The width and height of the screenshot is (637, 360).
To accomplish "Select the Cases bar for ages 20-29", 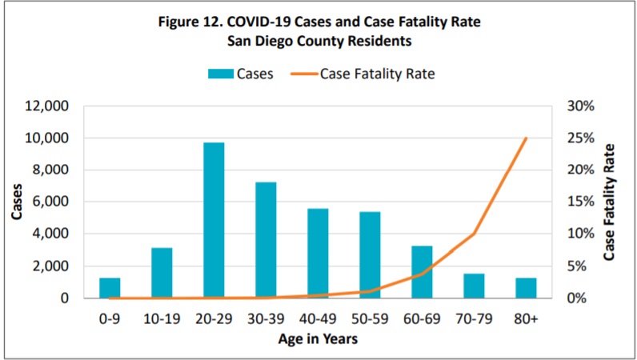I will (x=214, y=220).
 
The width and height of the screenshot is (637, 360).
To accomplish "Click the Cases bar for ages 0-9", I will (x=110, y=288).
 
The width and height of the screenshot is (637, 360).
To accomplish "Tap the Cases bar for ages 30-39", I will (x=266, y=240).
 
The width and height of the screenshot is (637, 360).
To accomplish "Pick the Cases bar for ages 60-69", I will (x=422, y=272).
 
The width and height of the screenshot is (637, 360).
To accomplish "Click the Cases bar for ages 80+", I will (x=526, y=288).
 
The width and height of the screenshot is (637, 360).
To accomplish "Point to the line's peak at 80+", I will (x=526, y=138).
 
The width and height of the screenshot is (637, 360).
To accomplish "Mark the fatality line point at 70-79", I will (x=474, y=234).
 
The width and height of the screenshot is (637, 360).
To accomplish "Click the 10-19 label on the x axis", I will (x=162, y=318).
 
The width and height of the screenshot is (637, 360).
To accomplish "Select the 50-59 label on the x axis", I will (x=370, y=318).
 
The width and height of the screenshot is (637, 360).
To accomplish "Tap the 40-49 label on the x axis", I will (x=318, y=318).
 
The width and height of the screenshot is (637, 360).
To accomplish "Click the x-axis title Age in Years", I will (x=318, y=339).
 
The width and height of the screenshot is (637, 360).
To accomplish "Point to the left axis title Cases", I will (x=16, y=202).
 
